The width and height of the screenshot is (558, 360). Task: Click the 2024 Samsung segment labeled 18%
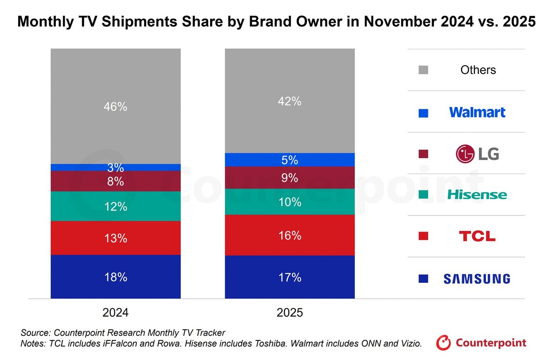(x=115, y=277)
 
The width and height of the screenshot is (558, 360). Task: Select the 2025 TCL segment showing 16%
(x=289, y=235)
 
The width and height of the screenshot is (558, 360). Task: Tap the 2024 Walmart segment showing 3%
(x=115, y=167)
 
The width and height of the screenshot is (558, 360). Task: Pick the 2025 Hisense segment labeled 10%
(x=289, y=202)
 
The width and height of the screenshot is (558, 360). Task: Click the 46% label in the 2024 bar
(x=115, y=107)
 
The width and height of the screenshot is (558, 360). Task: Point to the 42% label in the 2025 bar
(x=289, y=101)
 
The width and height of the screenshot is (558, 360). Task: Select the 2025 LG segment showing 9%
(x=289, y=178)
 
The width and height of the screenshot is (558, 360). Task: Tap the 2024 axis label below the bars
(x=115, y=313)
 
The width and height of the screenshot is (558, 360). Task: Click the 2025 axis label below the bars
(x=289, y=313)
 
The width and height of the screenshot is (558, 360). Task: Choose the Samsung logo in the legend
(x=477, y=279)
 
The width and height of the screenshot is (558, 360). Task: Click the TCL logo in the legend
(x=477, y=236)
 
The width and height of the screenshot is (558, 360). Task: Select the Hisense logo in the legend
(x=477, y=195)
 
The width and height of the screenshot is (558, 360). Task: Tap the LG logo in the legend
(x=477, y=153)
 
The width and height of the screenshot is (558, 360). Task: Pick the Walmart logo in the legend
(x=477, y=112)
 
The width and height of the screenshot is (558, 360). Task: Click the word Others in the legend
(x=478, y=70)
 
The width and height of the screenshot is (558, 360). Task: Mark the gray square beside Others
(x=423, y=70)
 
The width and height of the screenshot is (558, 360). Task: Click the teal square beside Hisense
(x=423, y=195)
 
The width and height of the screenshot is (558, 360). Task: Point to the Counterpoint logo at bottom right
(x=481, y=343)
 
